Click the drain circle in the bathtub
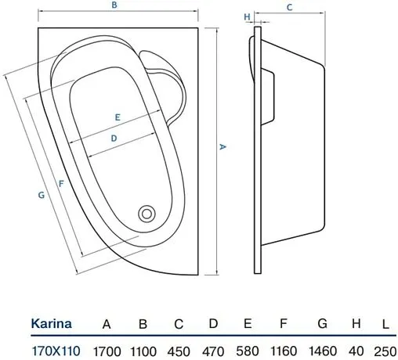point(147,213)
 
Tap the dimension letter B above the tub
point(114,6)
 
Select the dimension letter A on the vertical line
point(223,146)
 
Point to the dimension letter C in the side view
point(289,8)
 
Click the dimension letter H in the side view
point(247,16)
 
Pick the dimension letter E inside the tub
point(117,117)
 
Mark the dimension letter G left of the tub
point(41,196)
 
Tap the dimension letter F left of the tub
point(60,185)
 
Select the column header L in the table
point(385,322)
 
